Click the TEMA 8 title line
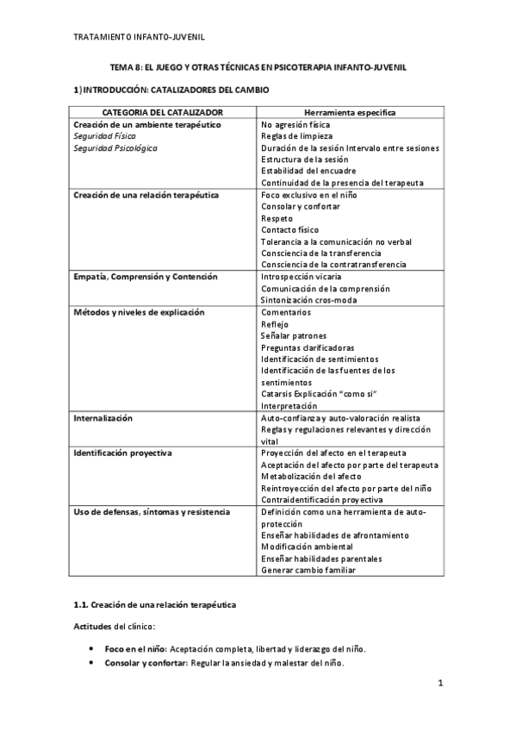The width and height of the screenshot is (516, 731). [258, 66]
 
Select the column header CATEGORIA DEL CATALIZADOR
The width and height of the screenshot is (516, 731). [163, 112]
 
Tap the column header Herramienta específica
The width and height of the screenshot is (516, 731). [350, 112]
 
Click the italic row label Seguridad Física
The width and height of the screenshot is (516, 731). [104, 136]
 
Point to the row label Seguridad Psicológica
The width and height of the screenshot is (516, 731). [115, 148]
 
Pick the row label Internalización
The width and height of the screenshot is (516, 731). [103, 417]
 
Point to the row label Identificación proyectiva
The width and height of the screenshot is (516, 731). [123, 453]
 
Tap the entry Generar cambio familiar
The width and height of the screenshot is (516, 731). [309, 570]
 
